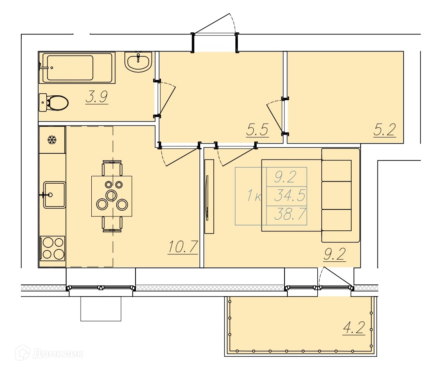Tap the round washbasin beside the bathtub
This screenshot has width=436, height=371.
[x=138, y=62]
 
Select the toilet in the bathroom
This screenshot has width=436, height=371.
[x=53, y=103]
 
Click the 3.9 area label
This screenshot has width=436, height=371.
[x=97, y=97]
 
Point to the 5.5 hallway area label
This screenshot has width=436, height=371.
[x=257, y=130]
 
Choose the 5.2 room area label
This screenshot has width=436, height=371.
[x=384, y=130]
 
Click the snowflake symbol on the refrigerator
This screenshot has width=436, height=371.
[x=52, y=140]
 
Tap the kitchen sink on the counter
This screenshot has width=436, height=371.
[x=54, y=195]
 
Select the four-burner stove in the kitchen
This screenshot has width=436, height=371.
[x=52, y=248]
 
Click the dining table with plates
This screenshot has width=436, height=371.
[x=112, y=196]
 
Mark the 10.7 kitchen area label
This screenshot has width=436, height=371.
[x=183, y=247]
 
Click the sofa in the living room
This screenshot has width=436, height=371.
[x=341, y=196]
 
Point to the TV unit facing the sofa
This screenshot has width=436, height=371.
[x=209, y=196]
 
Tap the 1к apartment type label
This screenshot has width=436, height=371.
[x=254, y=196]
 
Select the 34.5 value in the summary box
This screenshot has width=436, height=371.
[x=290, y=196]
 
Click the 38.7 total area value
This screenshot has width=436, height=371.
[x=290, y=214]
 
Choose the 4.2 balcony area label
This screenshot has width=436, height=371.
[x=354, y=328]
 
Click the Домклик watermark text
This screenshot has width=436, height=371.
[x=58, y=353]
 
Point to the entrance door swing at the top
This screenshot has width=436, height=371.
[x=215, y=24]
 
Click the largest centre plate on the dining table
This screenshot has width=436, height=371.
[x=111, y=196]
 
